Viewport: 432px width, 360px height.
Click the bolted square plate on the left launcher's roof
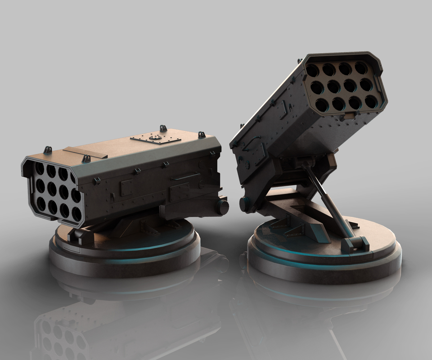click(155, 137)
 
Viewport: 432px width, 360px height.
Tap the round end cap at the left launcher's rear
click(223, 207)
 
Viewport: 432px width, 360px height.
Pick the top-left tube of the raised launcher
click(312, 70)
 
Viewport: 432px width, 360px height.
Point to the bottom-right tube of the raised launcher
click(371, 101)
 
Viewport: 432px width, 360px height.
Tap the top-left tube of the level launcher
click(39, 169)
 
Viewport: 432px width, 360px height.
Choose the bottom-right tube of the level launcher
click(76, 214)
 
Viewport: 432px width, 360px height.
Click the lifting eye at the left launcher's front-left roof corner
click(47, 149)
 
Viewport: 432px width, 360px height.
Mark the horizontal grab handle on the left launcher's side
click(185, 177)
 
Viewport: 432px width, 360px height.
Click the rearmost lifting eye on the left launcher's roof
click(202, 134)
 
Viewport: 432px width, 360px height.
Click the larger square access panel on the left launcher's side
click(180, 192)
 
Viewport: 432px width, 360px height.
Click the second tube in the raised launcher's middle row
click(334, 85)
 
